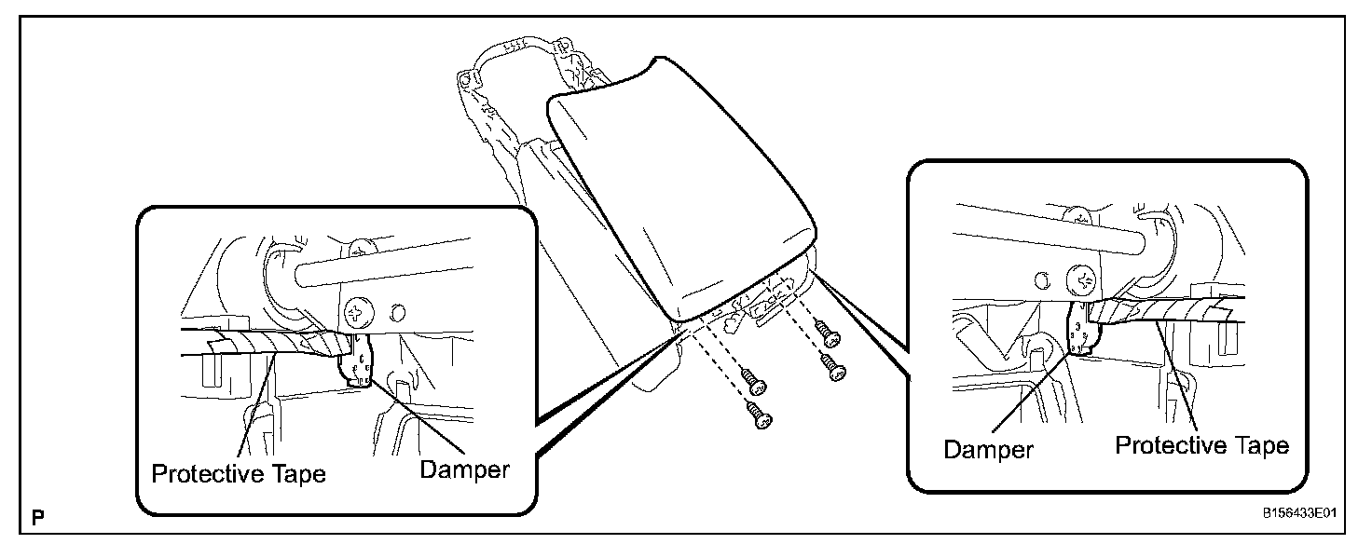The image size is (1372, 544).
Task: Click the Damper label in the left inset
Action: (x=464, y=469)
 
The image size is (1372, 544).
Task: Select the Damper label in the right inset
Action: (x=988, y=449)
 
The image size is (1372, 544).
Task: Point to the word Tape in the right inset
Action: (x=1257, y=445)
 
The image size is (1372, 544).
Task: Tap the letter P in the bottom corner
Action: (x=38, y=515)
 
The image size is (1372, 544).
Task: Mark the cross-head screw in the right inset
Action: (x=1083, y=278)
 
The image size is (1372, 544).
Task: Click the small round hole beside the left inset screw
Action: (x=399, y=311)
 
